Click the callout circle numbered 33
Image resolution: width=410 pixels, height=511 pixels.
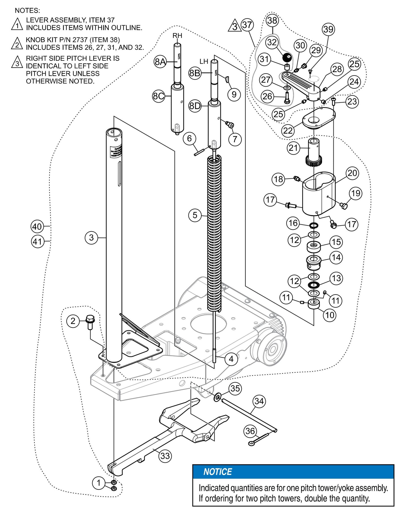165,456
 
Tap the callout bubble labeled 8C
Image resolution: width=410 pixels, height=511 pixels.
159,96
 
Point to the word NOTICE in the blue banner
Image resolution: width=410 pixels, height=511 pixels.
218,472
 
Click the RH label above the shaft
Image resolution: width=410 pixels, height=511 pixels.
177,36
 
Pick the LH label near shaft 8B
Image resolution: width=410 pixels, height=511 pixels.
204,61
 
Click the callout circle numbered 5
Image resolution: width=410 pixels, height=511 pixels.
195,215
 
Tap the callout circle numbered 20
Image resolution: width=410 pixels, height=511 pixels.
352,173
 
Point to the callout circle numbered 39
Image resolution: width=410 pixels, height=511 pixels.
328,29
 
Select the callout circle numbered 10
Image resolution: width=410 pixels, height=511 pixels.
330,315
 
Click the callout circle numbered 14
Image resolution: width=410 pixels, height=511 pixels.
336,258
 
